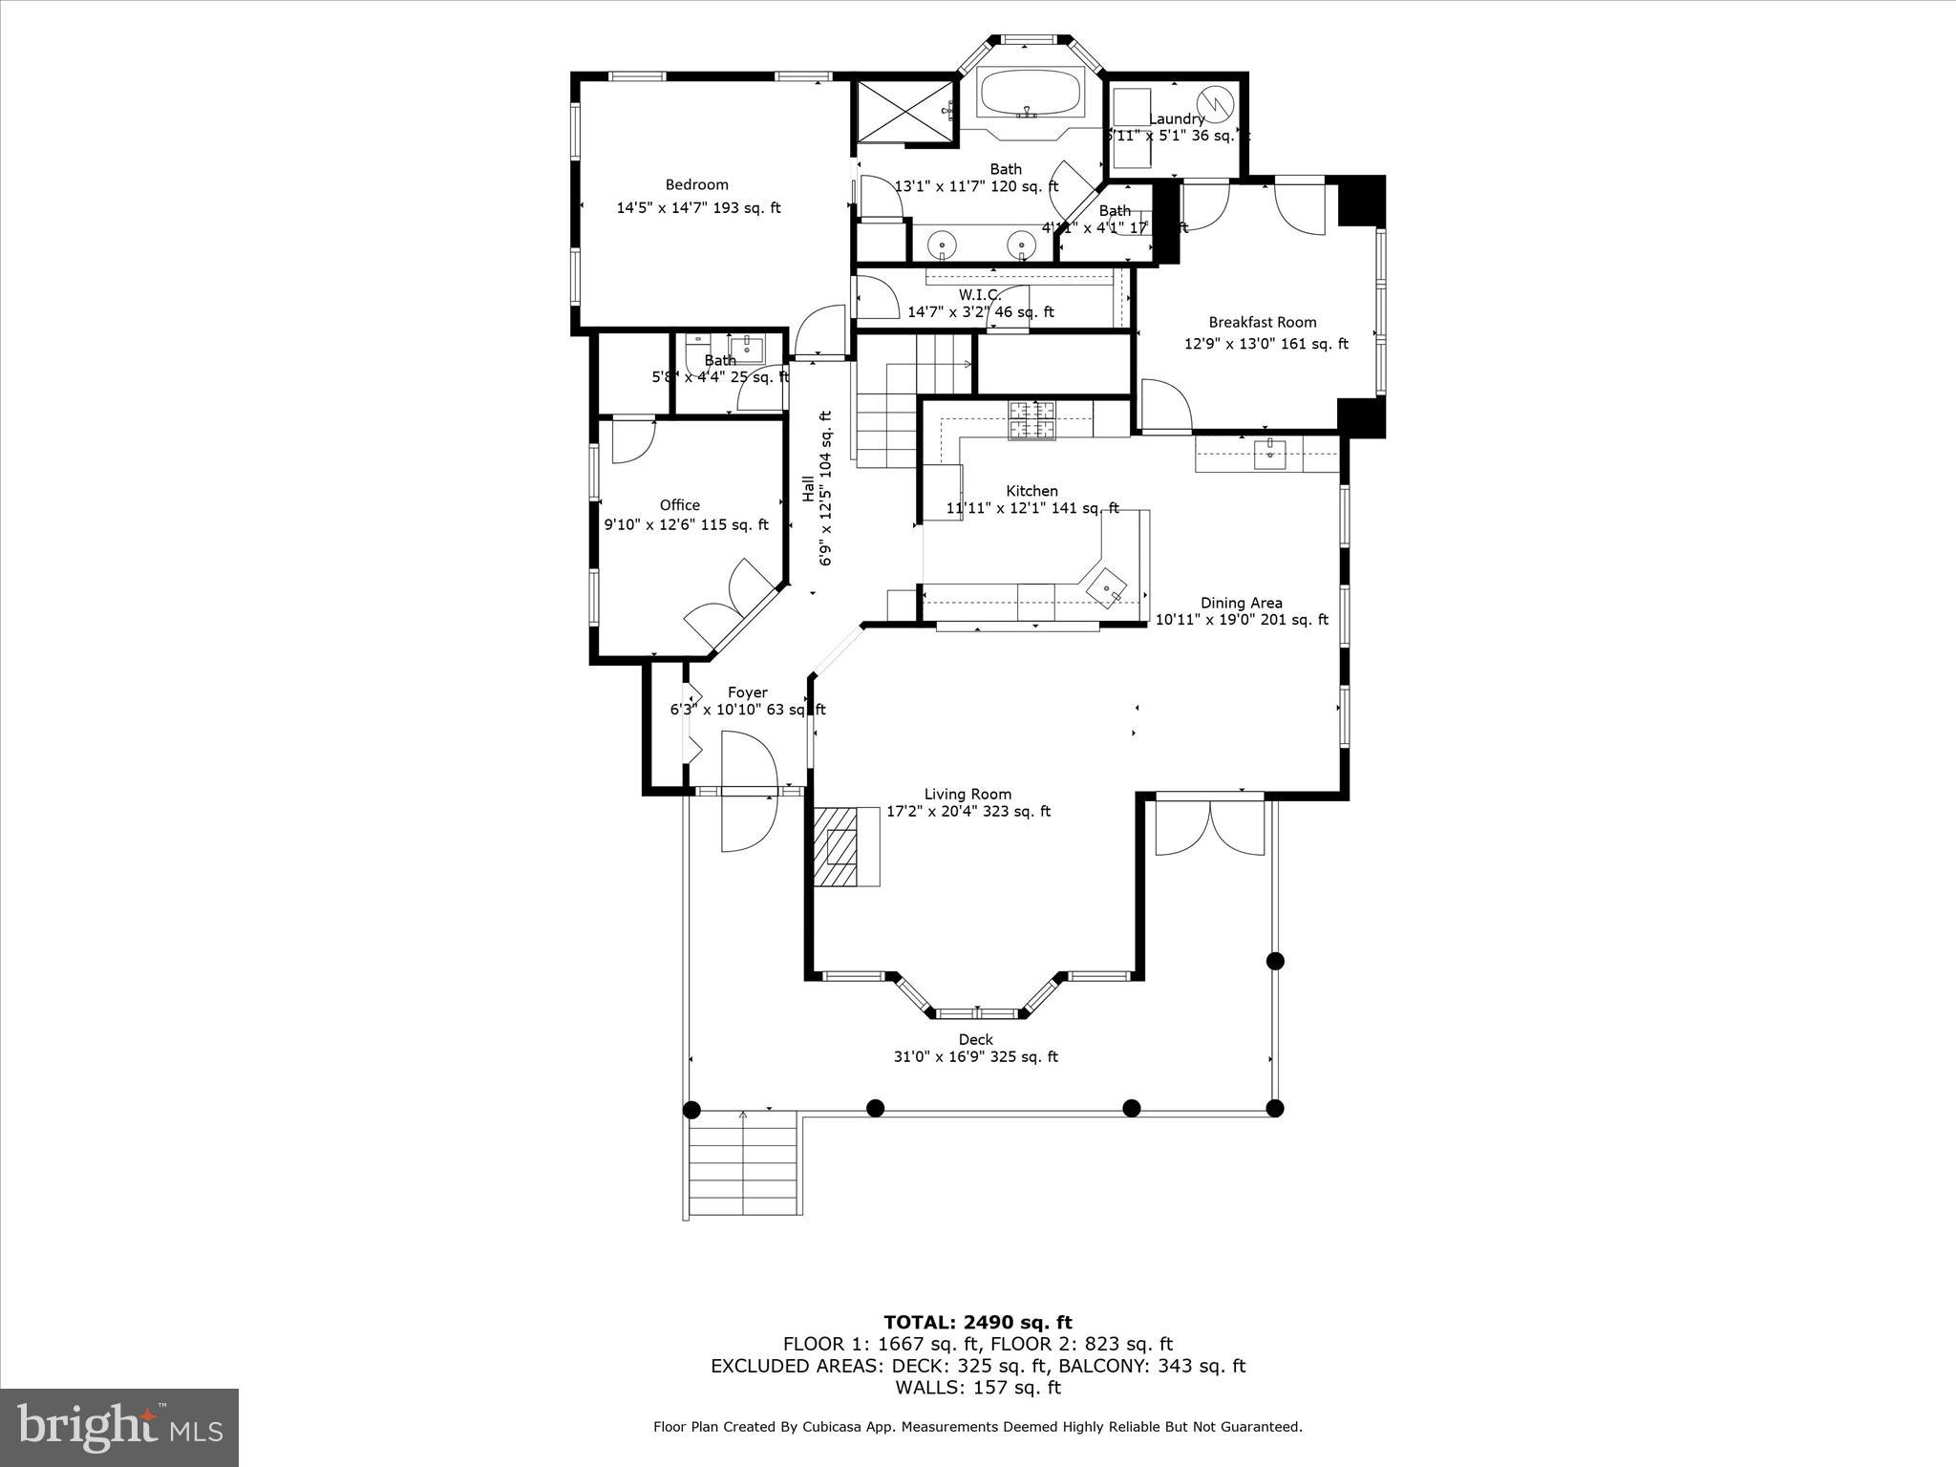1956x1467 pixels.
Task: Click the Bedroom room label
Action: click(x=696, y=185)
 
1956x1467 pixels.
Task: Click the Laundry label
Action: click(x=1176, y=119)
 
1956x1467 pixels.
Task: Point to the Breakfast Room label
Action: click(x=1262, y=323)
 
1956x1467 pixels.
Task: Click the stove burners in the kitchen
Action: click(x=1032, y=420)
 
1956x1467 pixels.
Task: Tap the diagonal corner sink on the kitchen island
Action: click(x=1108, y=586)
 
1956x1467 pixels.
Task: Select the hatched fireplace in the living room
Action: click(x=845, y=846)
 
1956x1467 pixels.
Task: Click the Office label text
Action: click(x=679, y=505)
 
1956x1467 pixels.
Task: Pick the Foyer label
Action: click(x=747, y=693)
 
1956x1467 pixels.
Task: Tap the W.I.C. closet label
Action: click(x=979, y=295)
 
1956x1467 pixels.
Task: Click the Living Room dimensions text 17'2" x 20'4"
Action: click(x=967, y=812)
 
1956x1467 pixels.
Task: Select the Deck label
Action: click(x=975, y=1040)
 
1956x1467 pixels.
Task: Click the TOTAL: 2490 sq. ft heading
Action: click(x=977, y=1323)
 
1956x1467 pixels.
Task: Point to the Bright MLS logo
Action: click(x=119, y=1427)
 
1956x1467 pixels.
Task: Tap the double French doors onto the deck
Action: click(x=1210, y=825)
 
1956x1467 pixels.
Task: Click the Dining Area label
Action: click(x=1241, y=603)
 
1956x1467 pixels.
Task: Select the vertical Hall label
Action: click(x=808, y=489)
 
